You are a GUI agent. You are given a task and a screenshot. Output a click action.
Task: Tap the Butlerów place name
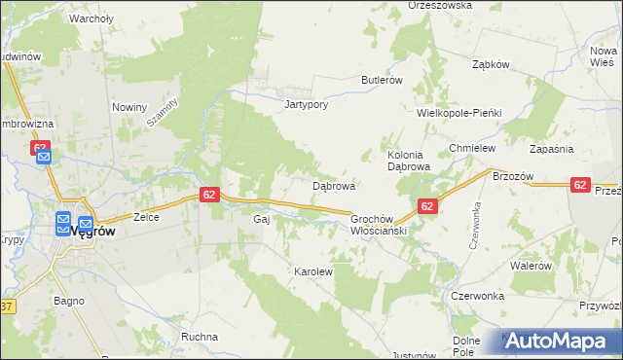382,80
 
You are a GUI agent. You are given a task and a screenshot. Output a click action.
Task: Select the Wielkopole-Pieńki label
458,113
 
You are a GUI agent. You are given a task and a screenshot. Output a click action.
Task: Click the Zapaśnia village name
551,149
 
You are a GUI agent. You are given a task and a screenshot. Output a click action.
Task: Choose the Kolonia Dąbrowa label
409,161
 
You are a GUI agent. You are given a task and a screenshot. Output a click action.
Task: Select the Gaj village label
261,220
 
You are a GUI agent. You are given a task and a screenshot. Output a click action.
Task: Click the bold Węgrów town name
93,232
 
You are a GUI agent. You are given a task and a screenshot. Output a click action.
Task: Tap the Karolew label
313,272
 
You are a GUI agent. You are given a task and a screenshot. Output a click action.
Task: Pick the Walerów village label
531,265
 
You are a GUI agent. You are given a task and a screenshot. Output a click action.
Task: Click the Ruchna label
199,337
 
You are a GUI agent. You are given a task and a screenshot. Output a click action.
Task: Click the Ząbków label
491,64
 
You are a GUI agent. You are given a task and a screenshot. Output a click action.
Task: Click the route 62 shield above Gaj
209,195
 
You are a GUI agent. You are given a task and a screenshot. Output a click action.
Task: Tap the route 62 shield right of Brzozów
580,185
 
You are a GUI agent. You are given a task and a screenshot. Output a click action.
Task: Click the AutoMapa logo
560,342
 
